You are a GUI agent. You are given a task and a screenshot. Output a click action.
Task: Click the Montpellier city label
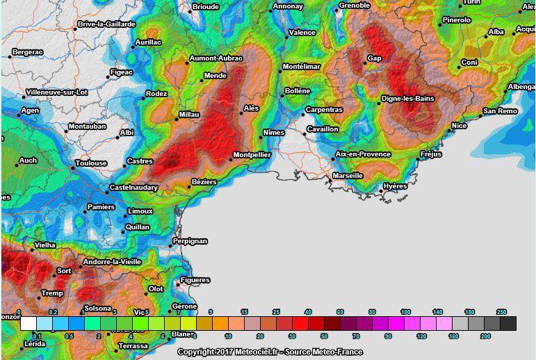tap(252, 155)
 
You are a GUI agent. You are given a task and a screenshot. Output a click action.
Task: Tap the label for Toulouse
tap(90, 164)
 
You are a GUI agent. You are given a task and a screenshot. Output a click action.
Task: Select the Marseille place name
tap(348, 176)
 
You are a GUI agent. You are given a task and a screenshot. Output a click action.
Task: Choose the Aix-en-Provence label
tap(363, 154)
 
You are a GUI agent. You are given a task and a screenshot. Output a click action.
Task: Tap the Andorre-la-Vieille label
tap(112, 262)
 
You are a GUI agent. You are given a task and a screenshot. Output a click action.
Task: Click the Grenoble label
tap(354, 6)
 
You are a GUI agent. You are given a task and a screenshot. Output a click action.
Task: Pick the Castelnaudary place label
tap(133, 188)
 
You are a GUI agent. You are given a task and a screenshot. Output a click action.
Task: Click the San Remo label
tap(501, 111)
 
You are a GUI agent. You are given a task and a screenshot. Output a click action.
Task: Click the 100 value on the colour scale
tap(406, 313)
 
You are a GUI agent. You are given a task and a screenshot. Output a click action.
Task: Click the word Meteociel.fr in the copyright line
tap(261, 352)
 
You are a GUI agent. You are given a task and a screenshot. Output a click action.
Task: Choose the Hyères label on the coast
tap(395, 187)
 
